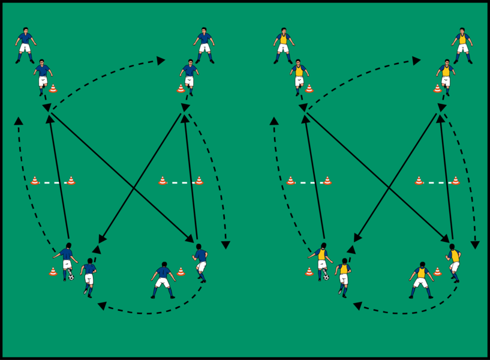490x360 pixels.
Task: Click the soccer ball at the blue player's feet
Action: [x=71, y=277]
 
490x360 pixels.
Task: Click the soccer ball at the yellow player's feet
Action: [x=326, y=277]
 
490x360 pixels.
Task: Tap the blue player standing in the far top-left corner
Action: [x=25, y=44]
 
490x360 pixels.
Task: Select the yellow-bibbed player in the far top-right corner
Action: [x=462, y=44]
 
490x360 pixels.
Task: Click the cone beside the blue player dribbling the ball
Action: [x=53, y=272]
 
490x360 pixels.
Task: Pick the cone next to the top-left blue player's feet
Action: [x=53, y=88]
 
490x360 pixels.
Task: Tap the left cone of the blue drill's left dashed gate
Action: [x=35, y=180]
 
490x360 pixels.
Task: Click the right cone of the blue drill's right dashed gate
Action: [x=199, y=180]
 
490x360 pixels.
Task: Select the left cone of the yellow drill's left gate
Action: [x=290, y=180]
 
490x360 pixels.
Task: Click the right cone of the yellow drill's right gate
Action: [x=455, y=180]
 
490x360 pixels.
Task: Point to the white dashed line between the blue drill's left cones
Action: [x=53, y=182]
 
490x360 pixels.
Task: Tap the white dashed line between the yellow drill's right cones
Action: [x=437, y=182]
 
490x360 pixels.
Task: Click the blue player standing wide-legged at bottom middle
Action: [x=163, y=279]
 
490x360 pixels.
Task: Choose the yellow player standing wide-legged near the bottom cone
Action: [x=421, y=279]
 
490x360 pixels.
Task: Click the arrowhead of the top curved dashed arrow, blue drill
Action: [x=161, y=60]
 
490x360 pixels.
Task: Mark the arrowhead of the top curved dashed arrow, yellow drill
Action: [x=416, y=60]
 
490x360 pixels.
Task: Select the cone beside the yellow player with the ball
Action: [x=309, y=272]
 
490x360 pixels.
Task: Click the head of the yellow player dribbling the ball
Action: [x=323, y=245]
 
